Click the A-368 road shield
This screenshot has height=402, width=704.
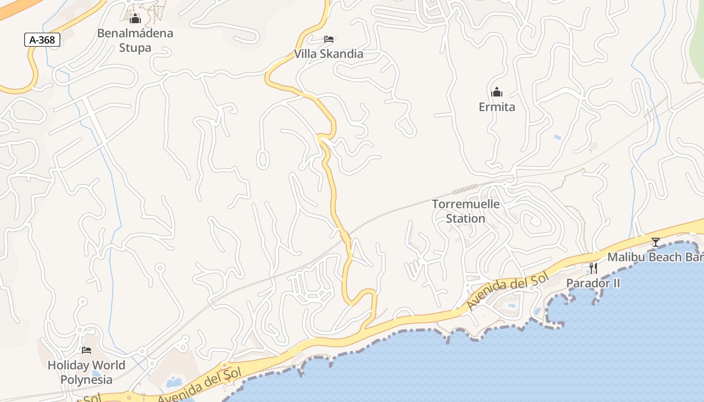pyautogui.click(x=42, y=40)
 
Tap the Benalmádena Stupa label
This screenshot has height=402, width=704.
pyautogui.click(x=135, y=41)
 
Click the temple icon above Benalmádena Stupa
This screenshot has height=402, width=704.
pyautogui.click(x=135, y=19)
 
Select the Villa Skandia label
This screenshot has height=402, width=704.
pyautogui.click(x=328, y=54)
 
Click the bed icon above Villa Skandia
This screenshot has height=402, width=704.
pyautogui.click(x=329, y=39)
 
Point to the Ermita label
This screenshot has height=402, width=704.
pyautogui.click(x=497, y=107)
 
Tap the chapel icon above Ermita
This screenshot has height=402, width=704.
pyautogui.click(x=497, y=92)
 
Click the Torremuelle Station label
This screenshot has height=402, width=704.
pyautogui.click(x=466, y=212)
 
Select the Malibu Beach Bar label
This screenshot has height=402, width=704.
pyautogui.click(x=655, y=257)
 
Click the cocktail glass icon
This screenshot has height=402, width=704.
pyautogui.click(x=656, y=242)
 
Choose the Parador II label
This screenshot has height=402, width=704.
pyautogui.click(x=593, y=283)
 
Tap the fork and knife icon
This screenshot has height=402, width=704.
pyautogui.click(x=593, y=268)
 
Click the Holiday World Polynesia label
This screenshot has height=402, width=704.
pyautogui.click(x=86, y=372)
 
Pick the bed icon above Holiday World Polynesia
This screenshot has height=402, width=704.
pyautogui.click(x=86, y=350)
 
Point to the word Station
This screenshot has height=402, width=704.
pyautogui.click(x=466, y=219)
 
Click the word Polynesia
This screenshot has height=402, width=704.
pyautogui.click(x=86, y=379)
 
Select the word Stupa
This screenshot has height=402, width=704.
pyautogui.click(x=135, y=48)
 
